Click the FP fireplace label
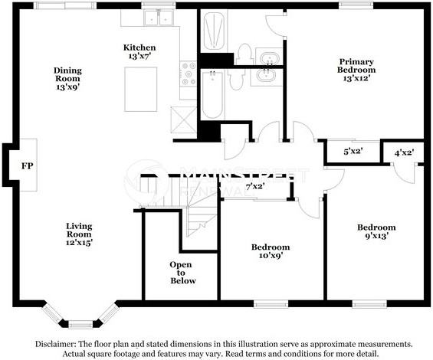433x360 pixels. coord(28,166)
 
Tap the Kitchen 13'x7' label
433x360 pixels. coord(139,51)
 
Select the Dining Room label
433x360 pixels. coord(67,79)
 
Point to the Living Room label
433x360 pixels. coord(79,234)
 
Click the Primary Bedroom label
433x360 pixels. coord(356,70)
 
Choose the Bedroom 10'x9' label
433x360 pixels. coord(271,251)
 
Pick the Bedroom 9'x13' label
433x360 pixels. coord(376,231)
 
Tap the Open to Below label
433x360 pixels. coord(182,273)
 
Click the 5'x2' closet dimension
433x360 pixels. coord(353,152)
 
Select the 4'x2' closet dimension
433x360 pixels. coord(405,152)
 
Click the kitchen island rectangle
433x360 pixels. coord(141,89)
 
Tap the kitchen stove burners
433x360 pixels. coord(189,74)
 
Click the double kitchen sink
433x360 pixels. coord(159,18)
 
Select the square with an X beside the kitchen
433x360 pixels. coord(183,120)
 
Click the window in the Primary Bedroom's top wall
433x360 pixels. coord(356,5)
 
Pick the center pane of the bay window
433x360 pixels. coord(80,324)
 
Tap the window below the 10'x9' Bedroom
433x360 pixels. coord(271,304)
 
